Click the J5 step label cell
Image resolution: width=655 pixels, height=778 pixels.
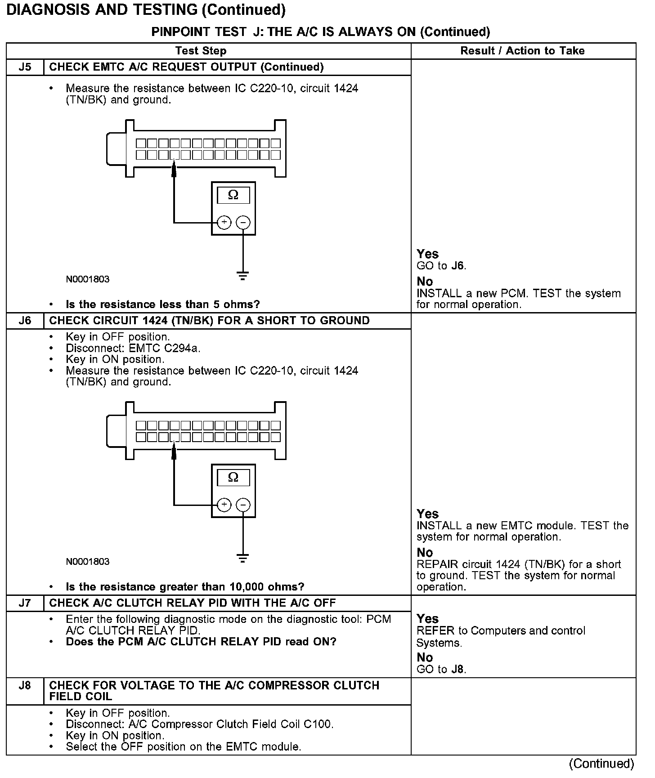click(25, 67)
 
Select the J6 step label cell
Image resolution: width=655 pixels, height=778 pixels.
click(25, 321)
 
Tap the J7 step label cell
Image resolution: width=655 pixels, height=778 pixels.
click(25, 603)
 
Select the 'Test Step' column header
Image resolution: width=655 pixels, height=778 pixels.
click(201, 51)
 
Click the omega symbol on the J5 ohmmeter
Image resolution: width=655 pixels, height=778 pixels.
click(233, 195)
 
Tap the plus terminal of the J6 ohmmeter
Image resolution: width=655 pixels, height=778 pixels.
click(224, 505)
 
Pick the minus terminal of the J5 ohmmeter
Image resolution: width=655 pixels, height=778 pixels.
click(243, 222)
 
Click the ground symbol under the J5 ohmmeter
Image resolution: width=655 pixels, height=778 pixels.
click(243, 276)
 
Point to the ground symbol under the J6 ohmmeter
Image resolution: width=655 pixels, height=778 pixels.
click(243, 559)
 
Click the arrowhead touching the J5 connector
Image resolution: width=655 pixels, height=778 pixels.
click(174, 170)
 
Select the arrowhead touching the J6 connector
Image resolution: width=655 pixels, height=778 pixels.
click(174, 452)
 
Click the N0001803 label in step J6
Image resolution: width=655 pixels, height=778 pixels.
click(88, 562)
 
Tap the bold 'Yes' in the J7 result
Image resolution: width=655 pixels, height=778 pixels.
click(427, 619)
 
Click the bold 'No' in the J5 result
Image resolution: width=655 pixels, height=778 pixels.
click(425, 282)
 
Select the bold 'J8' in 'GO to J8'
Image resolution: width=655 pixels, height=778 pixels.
click(457, 669)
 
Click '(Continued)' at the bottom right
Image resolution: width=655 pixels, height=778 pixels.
click(601, 764)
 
